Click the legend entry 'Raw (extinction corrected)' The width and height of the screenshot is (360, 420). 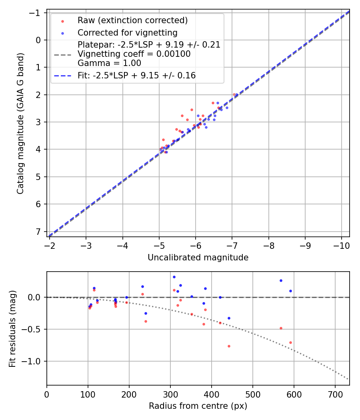(132, 20)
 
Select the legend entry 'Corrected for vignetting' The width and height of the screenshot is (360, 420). (127, 32)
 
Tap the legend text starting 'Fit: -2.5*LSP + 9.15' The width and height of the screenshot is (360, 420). (136, 75)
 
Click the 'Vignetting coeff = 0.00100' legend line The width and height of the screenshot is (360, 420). (134, 54)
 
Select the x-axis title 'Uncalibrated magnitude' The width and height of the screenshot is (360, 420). (198, 258)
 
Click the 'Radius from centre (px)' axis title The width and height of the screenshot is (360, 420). (198, 406)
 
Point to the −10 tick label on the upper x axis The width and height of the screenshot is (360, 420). (341, 244)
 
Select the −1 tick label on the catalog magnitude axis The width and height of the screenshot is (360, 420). (36, 13)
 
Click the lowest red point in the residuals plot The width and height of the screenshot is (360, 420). (229, 346)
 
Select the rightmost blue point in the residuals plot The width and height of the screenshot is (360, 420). (290, 291)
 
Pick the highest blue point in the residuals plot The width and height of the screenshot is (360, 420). (174, 277)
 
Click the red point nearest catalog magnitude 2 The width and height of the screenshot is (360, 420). (234, 95)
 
